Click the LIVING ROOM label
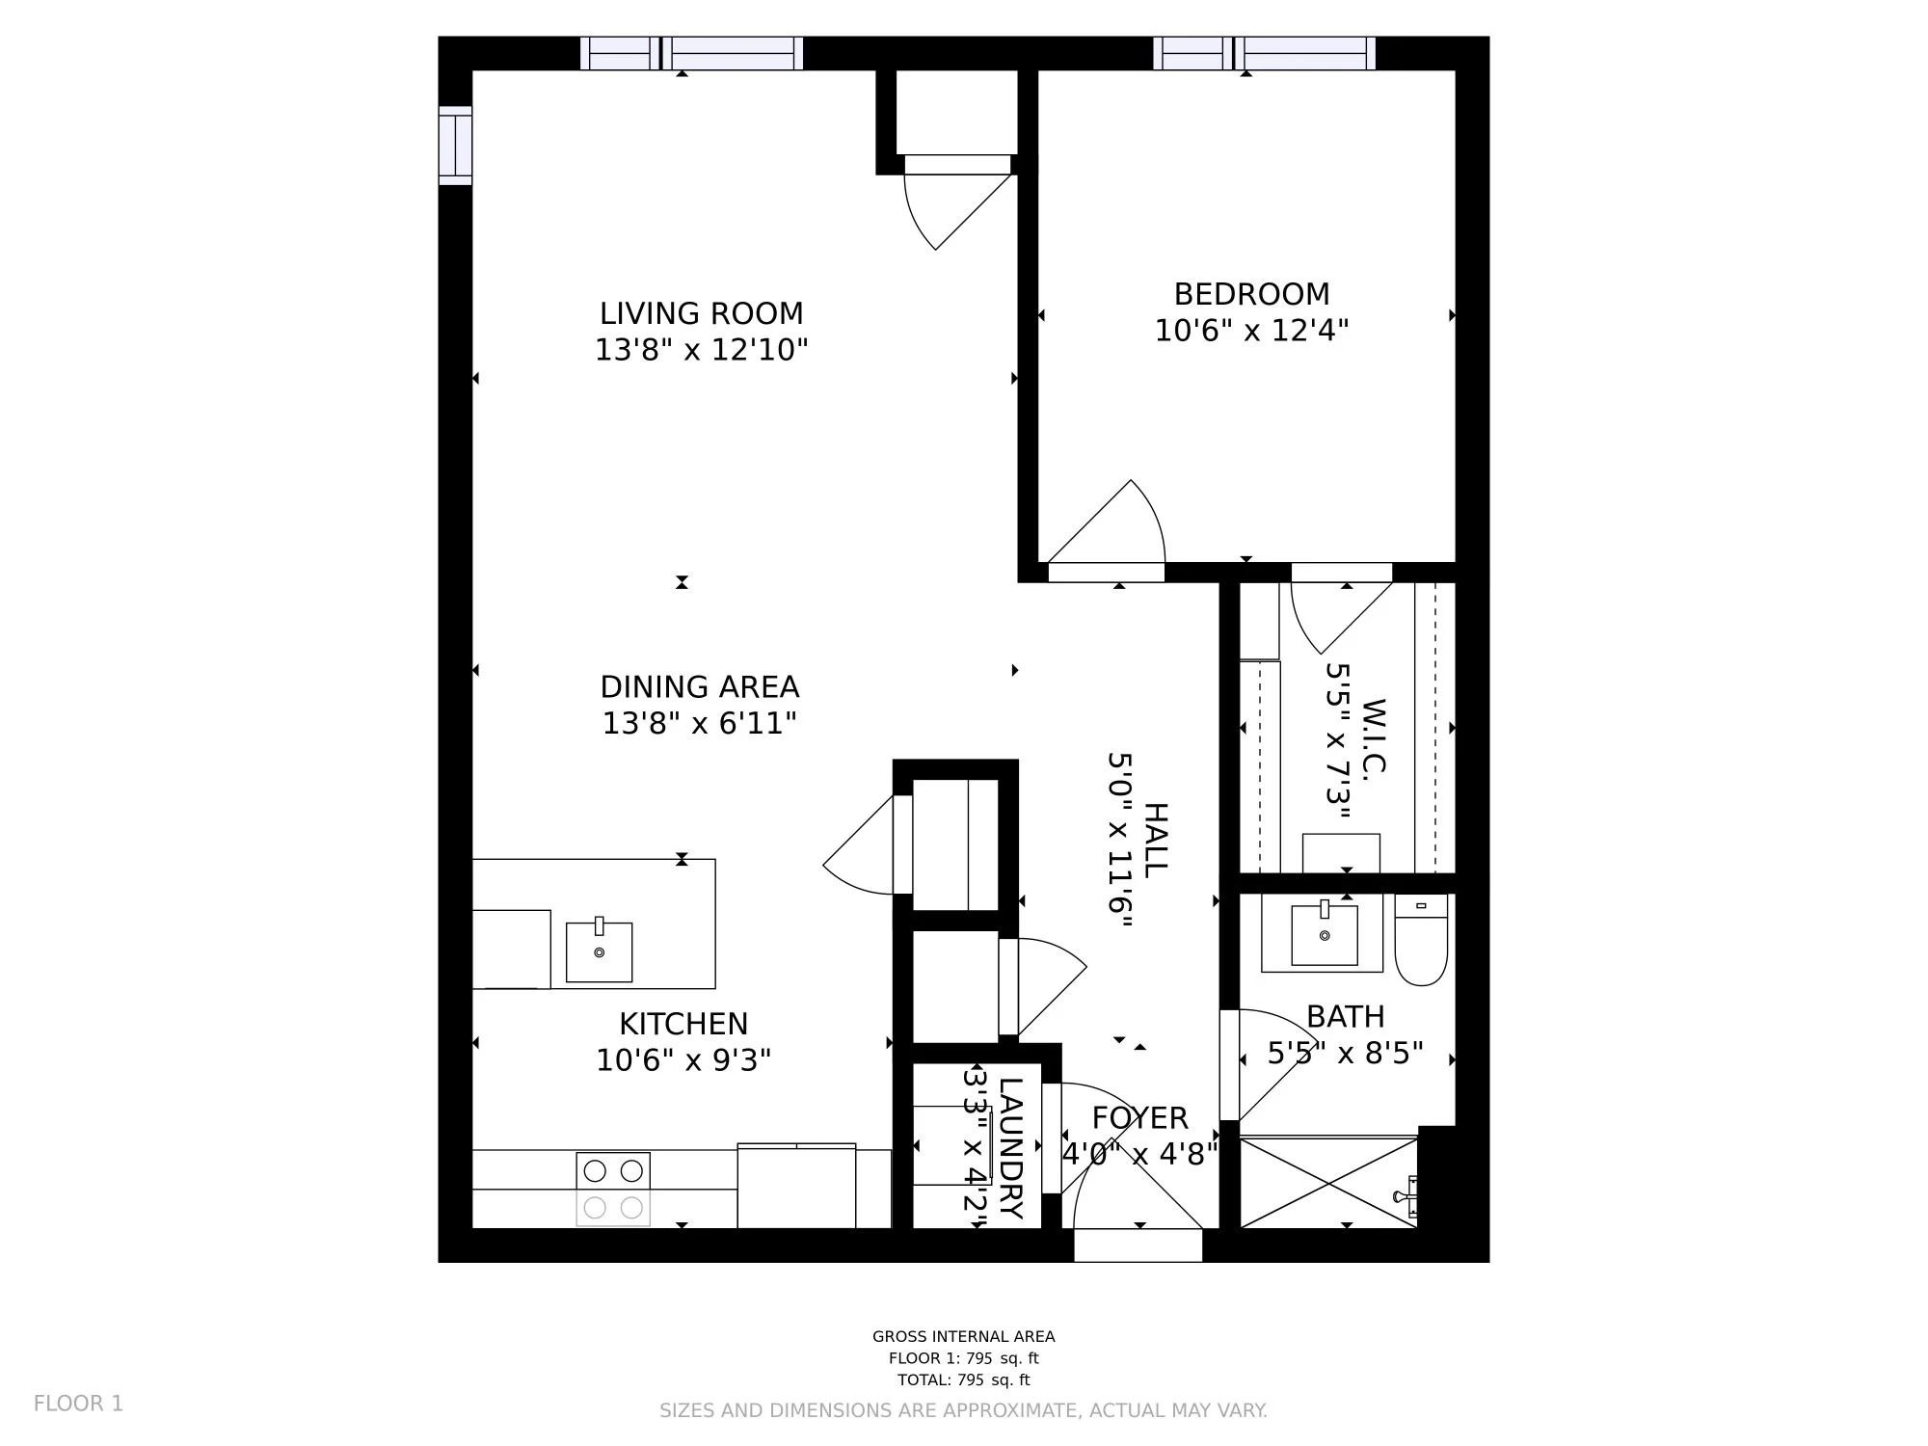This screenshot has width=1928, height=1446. [x=701, y=314]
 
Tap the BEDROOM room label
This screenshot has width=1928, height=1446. [x=1251, y=294]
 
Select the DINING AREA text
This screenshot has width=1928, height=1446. [x=700, y=687]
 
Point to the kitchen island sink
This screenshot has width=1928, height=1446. [x=599, y=951]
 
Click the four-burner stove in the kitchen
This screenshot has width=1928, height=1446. [x=613, y=1190]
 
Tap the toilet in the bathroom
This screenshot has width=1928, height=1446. [x=1421, y=940]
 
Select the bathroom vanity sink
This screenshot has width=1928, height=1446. [x=1324, y=933]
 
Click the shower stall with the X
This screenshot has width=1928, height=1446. [x=1328, y=1183]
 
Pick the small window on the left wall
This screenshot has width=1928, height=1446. [x=455, y=146]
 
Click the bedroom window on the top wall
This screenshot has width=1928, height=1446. [x=1265, y=53]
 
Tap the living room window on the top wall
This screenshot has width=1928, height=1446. [x=691, y=53]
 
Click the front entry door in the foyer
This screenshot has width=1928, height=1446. [x=1138, y=1245]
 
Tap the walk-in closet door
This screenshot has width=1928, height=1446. [x=1342, y=617]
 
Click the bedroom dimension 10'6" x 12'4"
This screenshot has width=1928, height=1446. [x=1251, y=331]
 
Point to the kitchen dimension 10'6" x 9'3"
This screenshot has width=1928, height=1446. [x=683, y=1060]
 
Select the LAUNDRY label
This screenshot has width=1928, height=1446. [x=1010, y=1148]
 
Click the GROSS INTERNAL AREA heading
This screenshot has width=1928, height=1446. [x=964, y=1337]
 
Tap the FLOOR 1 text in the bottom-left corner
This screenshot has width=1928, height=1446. [x=79, y=1404]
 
